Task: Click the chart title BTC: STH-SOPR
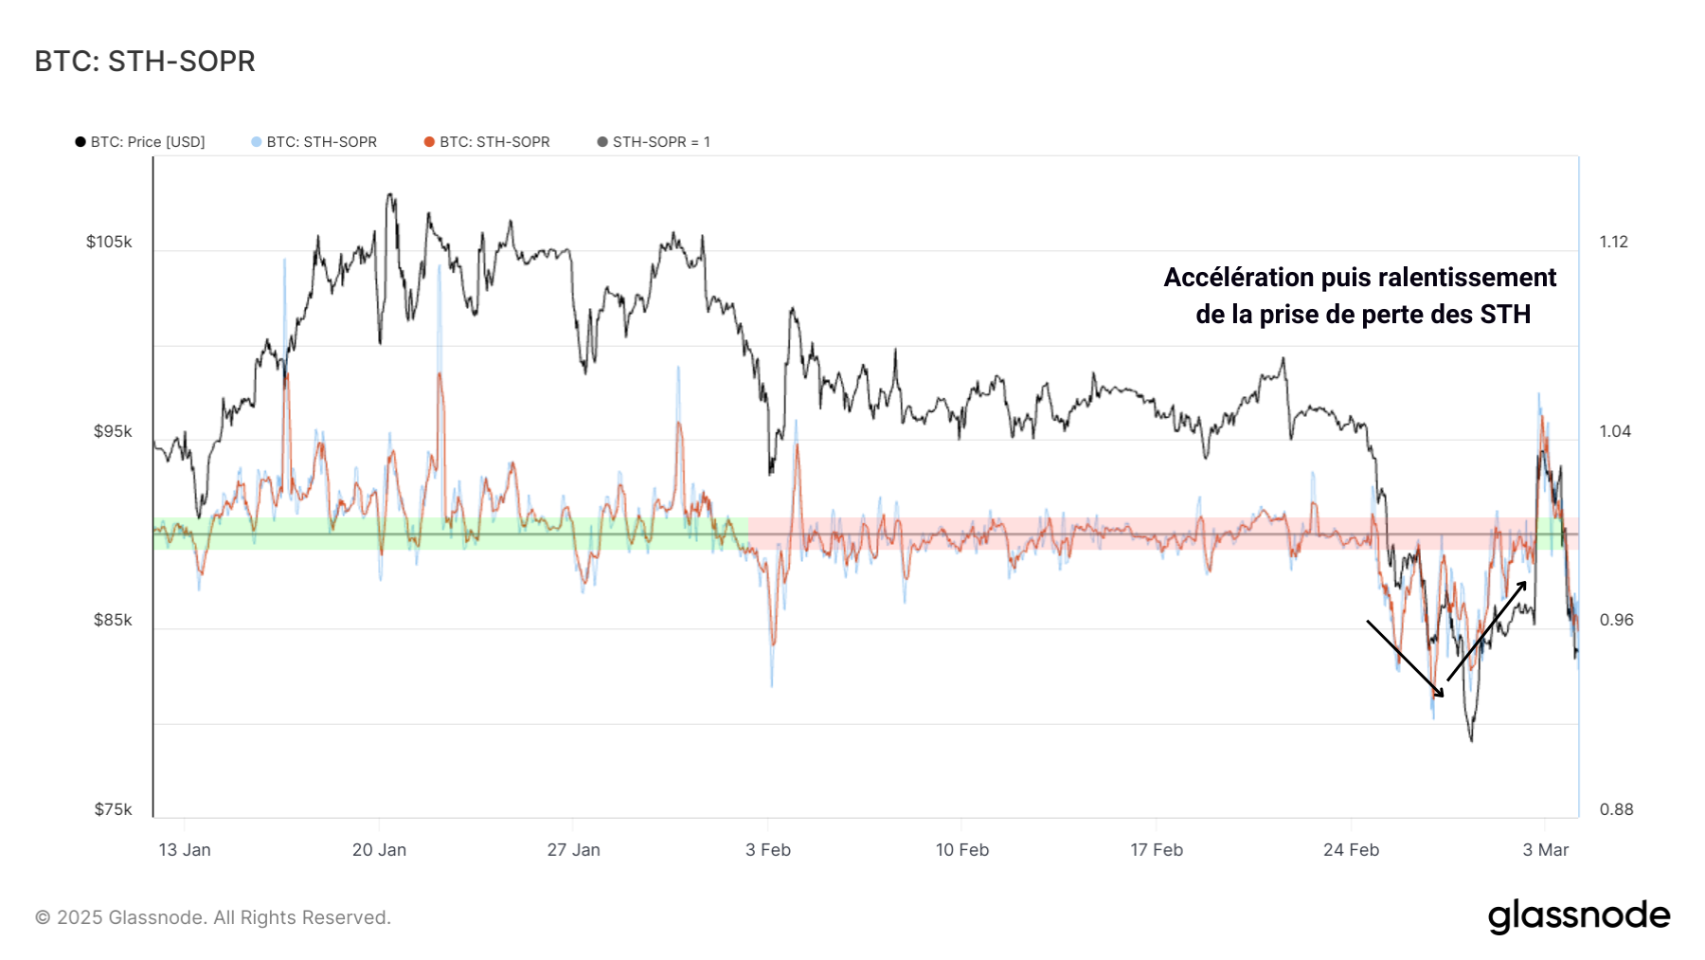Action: [145, 62]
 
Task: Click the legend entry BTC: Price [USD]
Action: [147, 142]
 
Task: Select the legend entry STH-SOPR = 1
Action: [660, 142]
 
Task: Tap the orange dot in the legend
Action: [429, 142]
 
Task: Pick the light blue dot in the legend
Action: [256, 142]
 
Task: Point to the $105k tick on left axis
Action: [109, 242]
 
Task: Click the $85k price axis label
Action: [112, 620]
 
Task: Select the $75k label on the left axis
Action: [112, 809]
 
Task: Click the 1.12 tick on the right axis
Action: [1614, 242]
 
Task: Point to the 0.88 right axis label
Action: [1616, 809]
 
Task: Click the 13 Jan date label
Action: [185, 850]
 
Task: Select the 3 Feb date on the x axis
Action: [767, 850]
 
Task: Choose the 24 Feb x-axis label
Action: [1351, 850]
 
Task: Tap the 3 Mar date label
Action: [1545, 850]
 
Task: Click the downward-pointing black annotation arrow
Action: [1405, 659]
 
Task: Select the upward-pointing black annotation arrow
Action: [1486, 631]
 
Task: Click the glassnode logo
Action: [1578, 916]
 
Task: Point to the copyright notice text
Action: [212, 917]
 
